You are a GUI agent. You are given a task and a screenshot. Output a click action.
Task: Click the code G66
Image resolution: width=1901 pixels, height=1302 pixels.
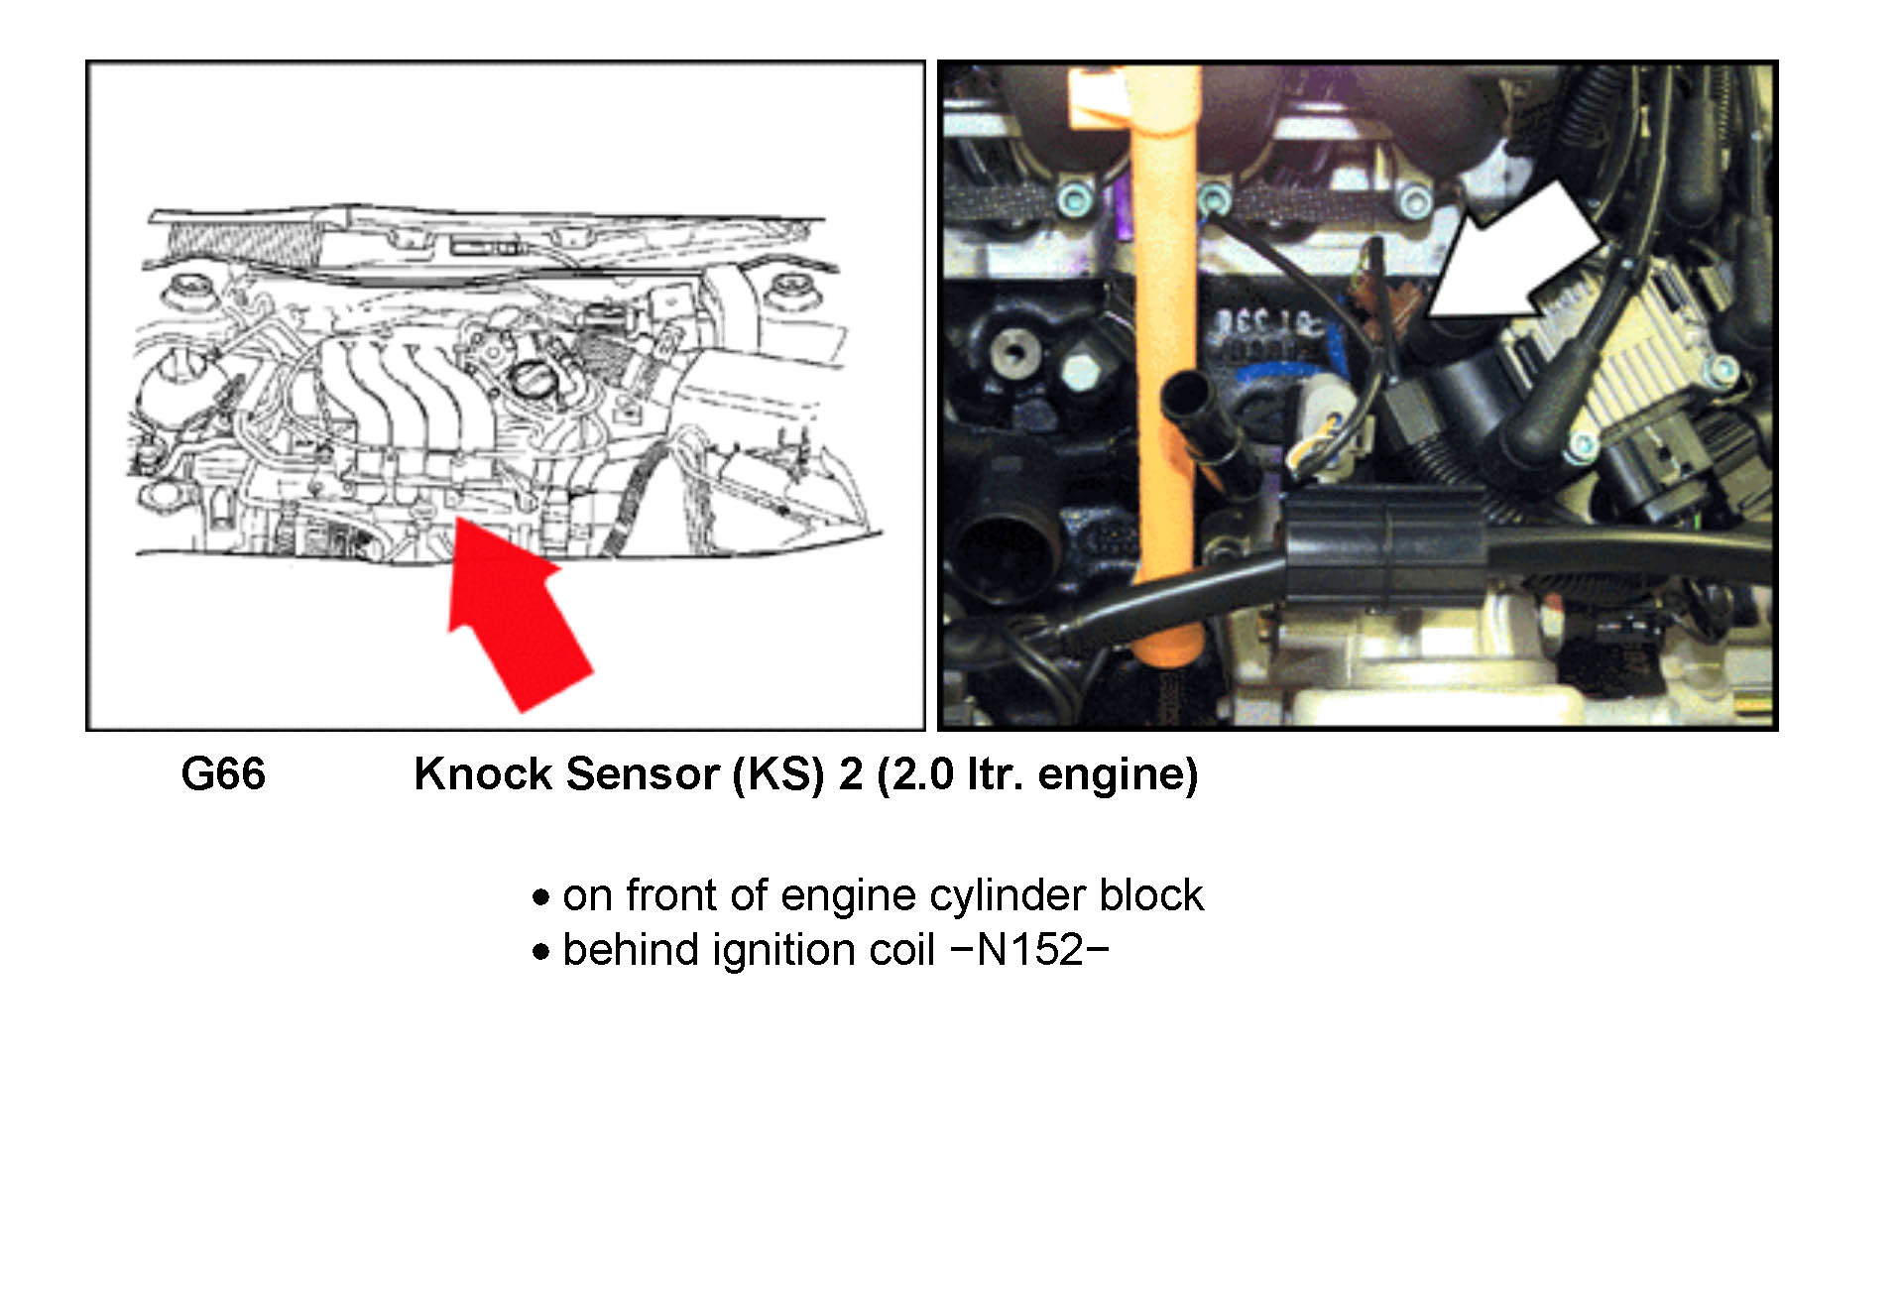(223, 774)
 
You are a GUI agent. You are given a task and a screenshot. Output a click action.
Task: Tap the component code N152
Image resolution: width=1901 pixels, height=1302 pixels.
(1030, 951)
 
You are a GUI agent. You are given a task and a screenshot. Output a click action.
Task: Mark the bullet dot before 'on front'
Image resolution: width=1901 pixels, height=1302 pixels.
(540, 898)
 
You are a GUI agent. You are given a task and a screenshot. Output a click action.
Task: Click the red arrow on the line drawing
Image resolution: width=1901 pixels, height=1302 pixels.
(517, 612)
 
